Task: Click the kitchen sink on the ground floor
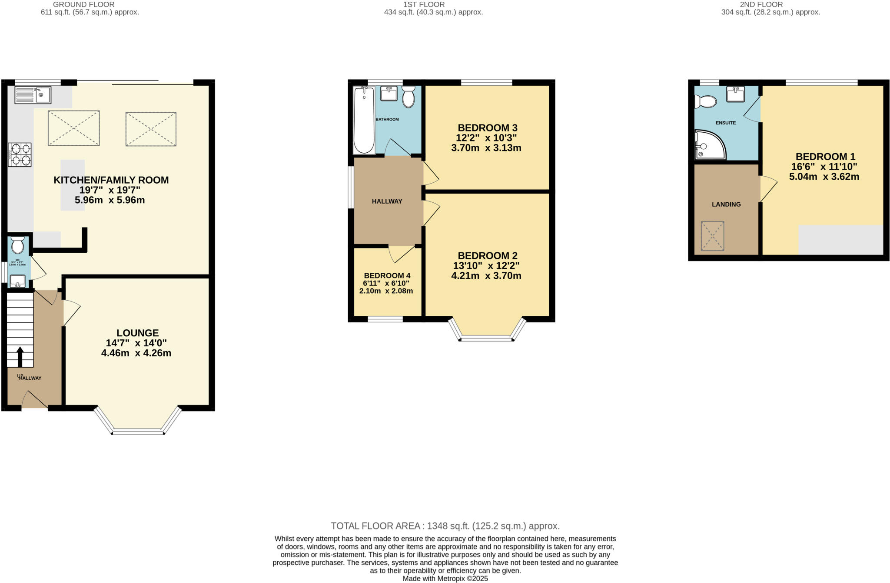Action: click(x=33, y=95)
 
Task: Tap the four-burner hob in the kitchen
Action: click(x=20, y=155)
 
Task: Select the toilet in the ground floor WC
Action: click(x=18, y=245)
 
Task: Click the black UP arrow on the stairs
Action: click(x=20, y=356)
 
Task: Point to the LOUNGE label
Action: click(x=137, y=333)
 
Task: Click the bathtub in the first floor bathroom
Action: click(x=364, y=121)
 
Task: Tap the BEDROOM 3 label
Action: click(x=487, y=128)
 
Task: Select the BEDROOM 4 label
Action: click(x=387, y=275)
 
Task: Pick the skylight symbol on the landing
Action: click(x=712, y=236)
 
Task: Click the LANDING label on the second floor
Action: click(x=726, y=204)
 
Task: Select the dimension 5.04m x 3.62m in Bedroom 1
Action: click(x=824, y=177)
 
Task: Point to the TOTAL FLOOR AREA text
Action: click(x=445, y=526)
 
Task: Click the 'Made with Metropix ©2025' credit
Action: click(x=445, y=579)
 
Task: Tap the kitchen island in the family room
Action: click(x=73, y=185)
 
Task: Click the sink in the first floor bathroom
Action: click(x=389, y=94)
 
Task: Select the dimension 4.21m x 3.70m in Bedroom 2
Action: click(x=486, y=275)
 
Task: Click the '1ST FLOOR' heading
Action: click(x=424, y=4)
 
